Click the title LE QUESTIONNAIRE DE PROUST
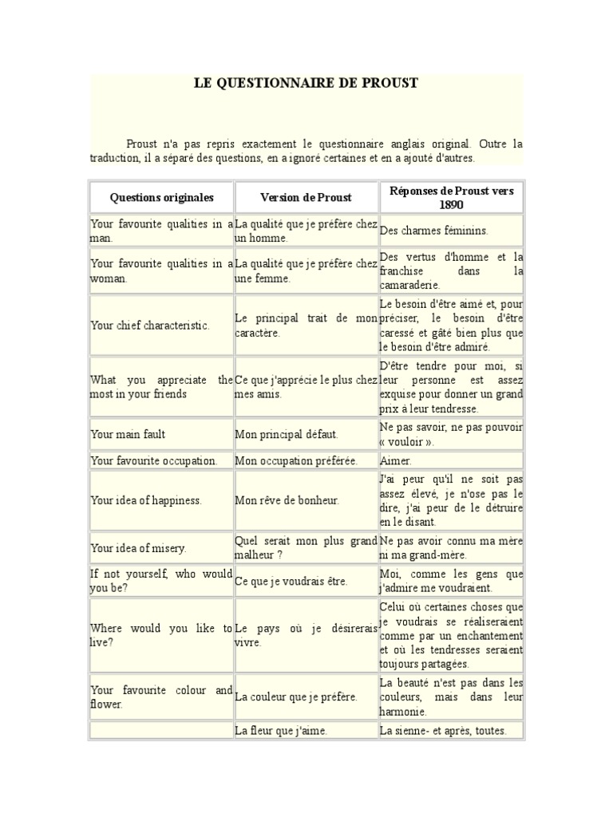coord(306,83)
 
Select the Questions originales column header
coord(161,197)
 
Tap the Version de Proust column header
coord(306,197)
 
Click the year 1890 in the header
coord(451,205)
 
